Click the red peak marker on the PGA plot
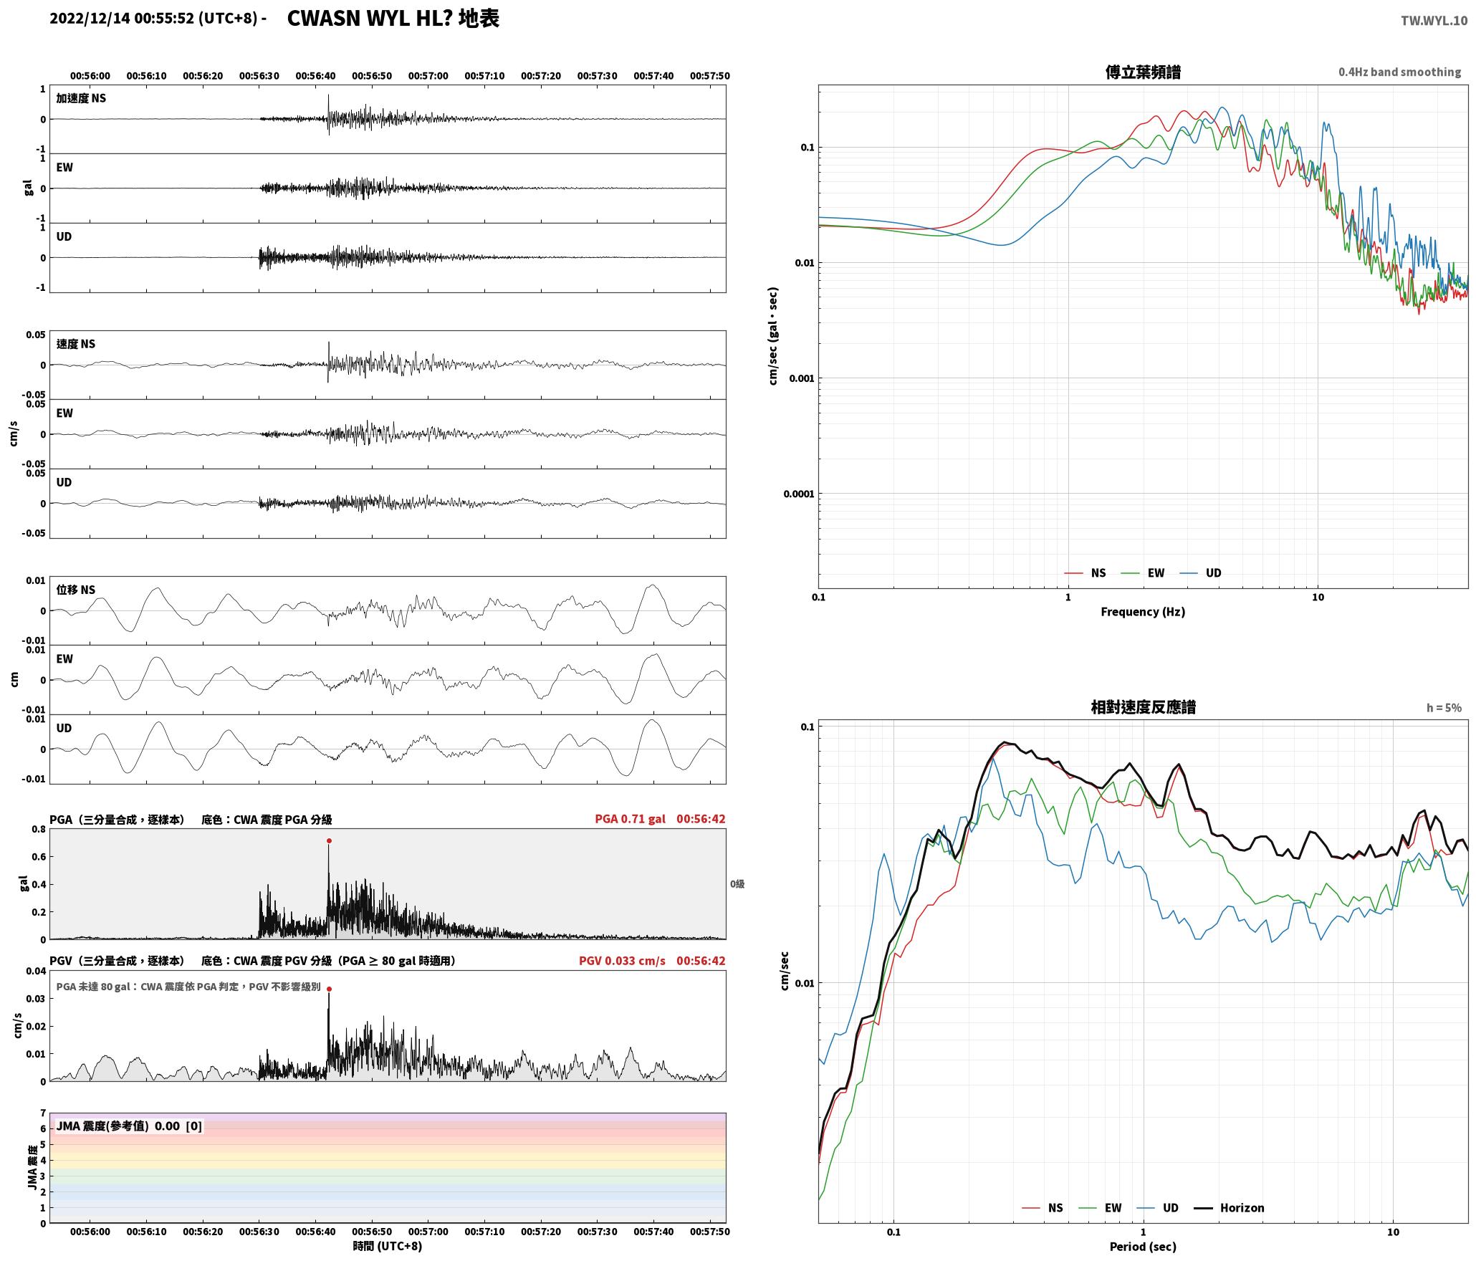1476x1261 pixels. (329, 840)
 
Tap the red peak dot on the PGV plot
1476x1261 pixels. (329, 989)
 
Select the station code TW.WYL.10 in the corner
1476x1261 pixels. (1434, 21)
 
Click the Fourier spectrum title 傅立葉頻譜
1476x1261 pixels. (1143, 72)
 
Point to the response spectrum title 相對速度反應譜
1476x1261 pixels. (1143, 707)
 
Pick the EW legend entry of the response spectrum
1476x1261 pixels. (1101, 1207)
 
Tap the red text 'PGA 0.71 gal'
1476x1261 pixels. (630, 819)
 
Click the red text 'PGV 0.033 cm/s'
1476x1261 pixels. (622, 960)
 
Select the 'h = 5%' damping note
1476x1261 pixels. (1444, 708)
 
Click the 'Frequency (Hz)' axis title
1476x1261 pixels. (1143, 611)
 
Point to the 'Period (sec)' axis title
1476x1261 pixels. (1143, 1247)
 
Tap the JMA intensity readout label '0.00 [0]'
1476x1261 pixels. (178, 1126)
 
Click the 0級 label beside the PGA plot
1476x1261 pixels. (737, 884)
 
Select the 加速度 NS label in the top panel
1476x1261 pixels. (81, 98)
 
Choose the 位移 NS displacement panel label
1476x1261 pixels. (76, 590)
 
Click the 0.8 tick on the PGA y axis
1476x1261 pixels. (39, 830)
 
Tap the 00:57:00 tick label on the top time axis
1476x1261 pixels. (428, 76)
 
